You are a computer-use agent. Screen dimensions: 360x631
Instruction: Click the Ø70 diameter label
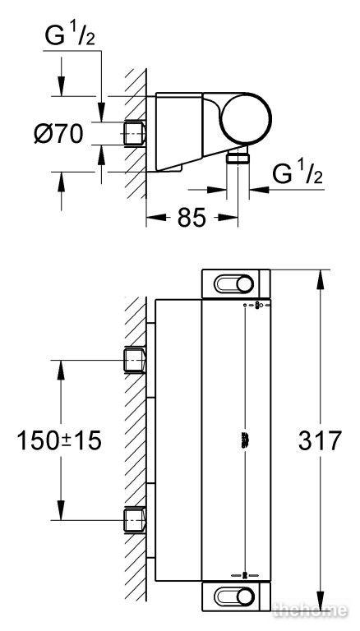click(x=59, y=134)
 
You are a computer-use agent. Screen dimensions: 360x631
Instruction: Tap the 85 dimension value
click(x=192, y=218)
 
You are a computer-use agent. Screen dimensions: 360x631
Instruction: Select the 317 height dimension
click(x=320, y=440)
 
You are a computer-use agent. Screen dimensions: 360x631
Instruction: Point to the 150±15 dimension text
click(x=59, y=440)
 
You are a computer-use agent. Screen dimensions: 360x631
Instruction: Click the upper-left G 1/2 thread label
click(x=70, y=36)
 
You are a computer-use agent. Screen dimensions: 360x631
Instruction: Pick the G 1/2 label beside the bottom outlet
click(x=298, y=174)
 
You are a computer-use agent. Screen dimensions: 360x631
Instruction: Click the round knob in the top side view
click(x=247, y=118)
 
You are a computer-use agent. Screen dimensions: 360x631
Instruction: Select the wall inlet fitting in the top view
click(x=134, y=133)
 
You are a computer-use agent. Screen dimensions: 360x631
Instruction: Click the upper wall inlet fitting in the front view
click(x=134, y=360)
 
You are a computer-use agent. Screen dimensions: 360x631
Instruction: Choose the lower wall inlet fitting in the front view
click(x=134, y=520)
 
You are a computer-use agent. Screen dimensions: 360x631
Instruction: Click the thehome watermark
click(x=310, y=610)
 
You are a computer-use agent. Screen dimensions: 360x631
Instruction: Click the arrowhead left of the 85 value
click(x=156, y=218)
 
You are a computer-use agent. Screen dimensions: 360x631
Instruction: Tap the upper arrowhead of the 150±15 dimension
click(x=61, y=370)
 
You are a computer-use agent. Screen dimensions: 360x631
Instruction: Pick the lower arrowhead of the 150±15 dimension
click(x=61, y=510)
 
